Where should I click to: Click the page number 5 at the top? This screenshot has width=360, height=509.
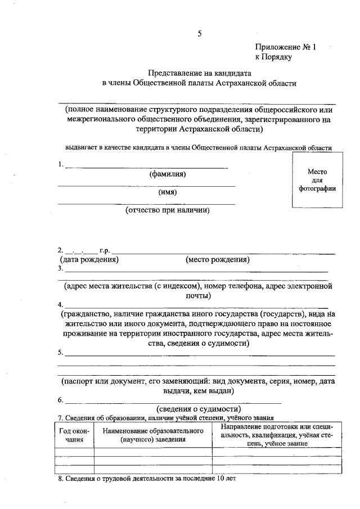pyautogui.click(x=199, y=34)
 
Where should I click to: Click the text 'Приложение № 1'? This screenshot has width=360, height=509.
pyautogui.click(x=286, y=48)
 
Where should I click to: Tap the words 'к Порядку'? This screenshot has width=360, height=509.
pyautogui.click(x=273, y=57)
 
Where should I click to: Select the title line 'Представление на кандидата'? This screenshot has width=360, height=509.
pyautogui.click(x=199, y=73)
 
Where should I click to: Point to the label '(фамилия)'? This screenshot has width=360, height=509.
pyautogui.click(x=167, y=174)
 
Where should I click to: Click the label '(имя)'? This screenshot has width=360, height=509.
pyautogui.click(x=167, y=192)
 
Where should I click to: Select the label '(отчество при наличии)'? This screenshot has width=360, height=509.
pyautogui.click(x=167, y=210)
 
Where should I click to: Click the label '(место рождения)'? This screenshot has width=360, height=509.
pyautogui.click(x=217, y=260)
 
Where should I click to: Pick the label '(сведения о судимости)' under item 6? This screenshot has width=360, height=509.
pyautogui.click(x=199, y=409)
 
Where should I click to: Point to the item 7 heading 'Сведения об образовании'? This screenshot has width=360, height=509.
pyautogui.click(x=166, y=418)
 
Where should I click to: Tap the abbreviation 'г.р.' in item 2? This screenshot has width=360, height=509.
pyautogui.click(x=104, y=251)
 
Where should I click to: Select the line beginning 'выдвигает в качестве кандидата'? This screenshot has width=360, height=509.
pyautogui.click(x=198, y=148)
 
